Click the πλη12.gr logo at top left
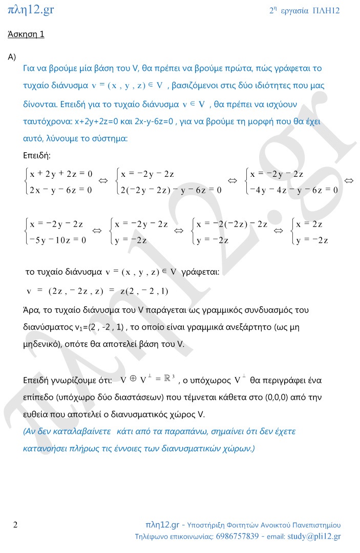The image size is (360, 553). point(31,9)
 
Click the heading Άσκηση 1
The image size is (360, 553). point(26,35)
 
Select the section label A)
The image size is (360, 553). point(12,57)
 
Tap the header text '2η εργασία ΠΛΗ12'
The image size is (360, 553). point(304,11)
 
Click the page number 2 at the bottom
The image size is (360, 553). point(15,525)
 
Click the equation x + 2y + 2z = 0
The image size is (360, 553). point(61,174)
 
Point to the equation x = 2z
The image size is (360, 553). point(309,224)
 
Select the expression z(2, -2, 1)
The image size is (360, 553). point(144,291)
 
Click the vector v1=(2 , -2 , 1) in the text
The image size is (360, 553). point(97,327)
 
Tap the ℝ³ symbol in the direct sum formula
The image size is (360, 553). point(169,380)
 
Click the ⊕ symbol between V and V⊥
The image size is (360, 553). point(132,379)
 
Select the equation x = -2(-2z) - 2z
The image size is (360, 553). point(236,224)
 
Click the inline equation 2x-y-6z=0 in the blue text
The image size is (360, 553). point(145,121)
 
